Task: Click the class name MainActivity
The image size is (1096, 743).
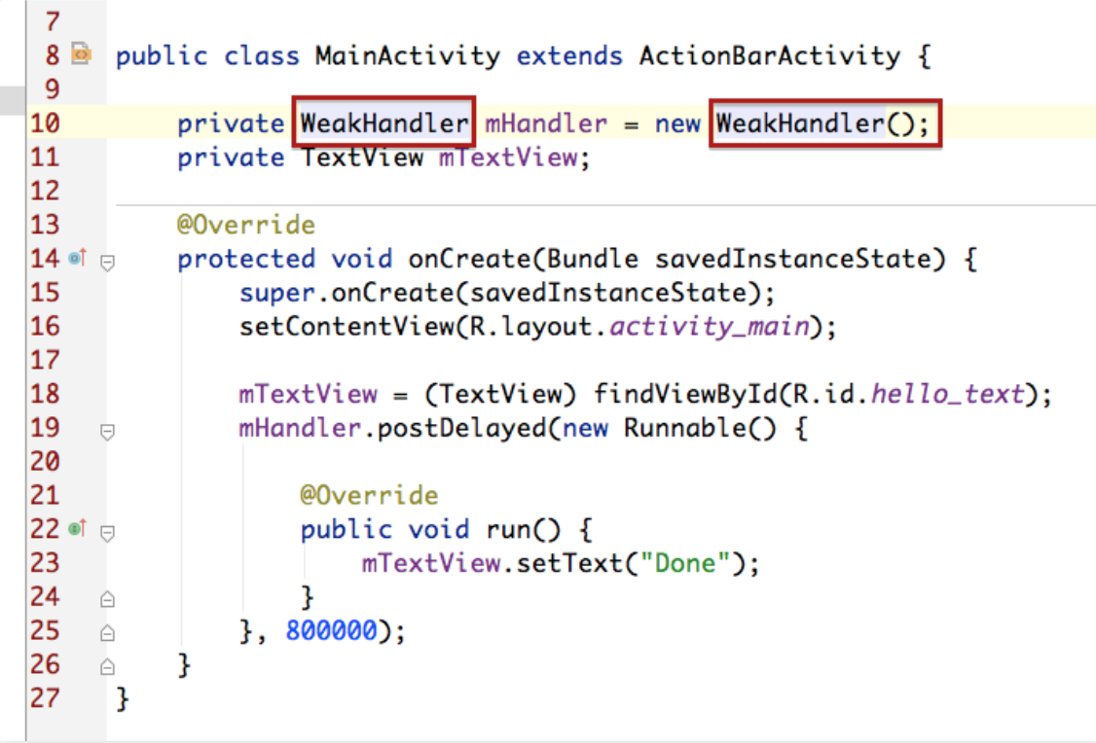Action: [x=408, y=55]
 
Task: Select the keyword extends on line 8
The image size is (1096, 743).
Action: [x=569, y=55]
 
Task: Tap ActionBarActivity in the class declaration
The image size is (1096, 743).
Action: [x=770, y=55]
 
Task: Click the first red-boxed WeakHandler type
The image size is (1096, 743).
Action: [x=384, y=123]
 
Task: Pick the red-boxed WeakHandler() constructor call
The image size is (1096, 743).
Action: [x=825, y=123]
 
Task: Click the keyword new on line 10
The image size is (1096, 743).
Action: [x=677, y=124]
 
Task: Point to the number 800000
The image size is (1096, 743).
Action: [x=331, y=630]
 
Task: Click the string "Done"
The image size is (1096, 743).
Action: [x=685, y=563]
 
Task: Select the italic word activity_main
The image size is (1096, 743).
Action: [x=709, y=326]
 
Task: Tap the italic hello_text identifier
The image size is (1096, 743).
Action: [x=947, y=395]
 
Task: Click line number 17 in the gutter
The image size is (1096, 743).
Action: [x=45, y=361]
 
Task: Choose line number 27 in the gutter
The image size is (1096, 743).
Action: [x=45, y=698]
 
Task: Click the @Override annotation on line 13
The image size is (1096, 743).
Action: [x=246, y=225]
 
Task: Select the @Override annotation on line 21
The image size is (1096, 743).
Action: [x=369, y=496]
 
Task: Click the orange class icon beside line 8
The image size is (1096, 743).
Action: [x=81, y=53]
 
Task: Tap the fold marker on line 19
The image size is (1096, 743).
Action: [x=107, y=432]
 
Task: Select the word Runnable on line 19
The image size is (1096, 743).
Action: [x=685, y=427]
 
